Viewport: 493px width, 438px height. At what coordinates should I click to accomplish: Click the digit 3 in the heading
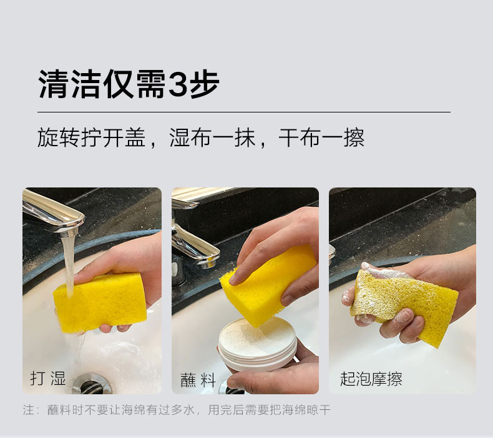click(178, 84)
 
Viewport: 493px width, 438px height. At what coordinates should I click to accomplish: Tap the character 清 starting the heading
click(54, 84)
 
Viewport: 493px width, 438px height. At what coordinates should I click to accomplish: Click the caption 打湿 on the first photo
click(48, 378)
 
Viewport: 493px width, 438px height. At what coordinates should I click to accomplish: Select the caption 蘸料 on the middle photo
click(198, 380)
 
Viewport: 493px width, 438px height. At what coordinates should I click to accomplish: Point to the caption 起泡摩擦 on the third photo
click(371, 379)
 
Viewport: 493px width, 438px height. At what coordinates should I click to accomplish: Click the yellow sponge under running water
click(100, 302)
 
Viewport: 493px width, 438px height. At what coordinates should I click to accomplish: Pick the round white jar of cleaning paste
click(258, 344)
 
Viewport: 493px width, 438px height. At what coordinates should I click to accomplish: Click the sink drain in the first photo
click(91, 384)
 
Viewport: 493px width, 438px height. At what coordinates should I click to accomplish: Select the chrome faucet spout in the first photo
click(54, 212)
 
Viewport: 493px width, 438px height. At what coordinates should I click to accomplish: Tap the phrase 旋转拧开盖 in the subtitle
click(92, 137)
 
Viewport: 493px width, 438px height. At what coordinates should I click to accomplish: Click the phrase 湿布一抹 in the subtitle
click(212, 137)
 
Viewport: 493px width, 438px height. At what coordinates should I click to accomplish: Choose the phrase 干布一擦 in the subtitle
click(321, 137)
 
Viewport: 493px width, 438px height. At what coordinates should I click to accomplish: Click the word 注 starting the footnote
click(28, 410)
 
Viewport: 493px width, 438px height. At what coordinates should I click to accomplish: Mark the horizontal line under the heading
click(244, 112)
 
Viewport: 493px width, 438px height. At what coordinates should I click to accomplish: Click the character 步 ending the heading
click(204, 84)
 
